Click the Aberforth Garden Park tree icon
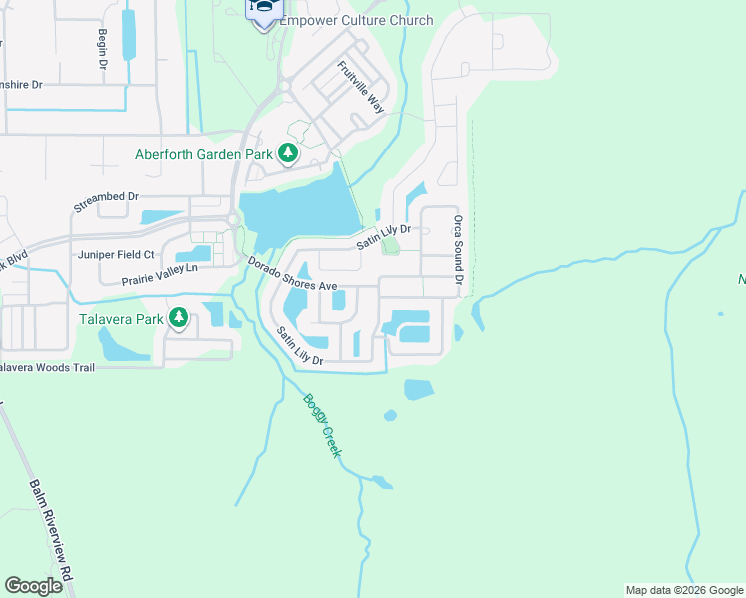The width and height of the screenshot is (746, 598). [x=288, y=153]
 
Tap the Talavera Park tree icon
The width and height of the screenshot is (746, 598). [x=179, y=319]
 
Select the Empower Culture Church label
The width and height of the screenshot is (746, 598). [x=356, y=20]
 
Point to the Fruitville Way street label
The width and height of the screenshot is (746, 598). [x=361, y=87]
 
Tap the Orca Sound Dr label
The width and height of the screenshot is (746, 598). [x=458, y=242]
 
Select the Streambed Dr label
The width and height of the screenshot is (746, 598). [x=106, y=203]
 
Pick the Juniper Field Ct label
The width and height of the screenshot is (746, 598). [x=117, y=255]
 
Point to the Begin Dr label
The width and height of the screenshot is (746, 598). [x=103, y=49]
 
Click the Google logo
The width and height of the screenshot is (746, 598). [x=34, y=586]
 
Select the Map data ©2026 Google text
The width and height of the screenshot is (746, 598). [x=684, y=590]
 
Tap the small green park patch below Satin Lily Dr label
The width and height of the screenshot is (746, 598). [x=390, y=245]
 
